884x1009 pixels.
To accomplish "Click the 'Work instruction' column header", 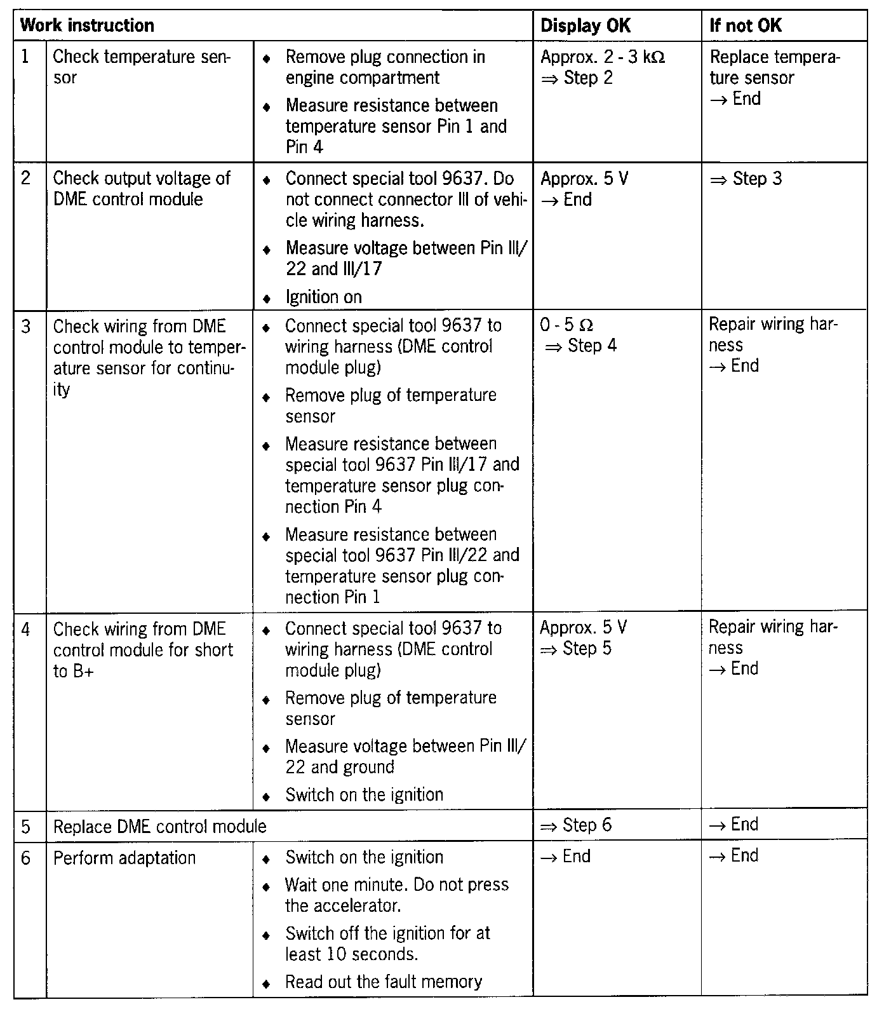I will pos(88,26).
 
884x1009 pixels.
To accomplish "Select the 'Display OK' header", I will pos(585,26).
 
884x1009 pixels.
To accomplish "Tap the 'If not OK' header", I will pos(746,26).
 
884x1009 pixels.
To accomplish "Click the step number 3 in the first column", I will pos(26,327).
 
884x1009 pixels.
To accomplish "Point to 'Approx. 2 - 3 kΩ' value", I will pos(602,57).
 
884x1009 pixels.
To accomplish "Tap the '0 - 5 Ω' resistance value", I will pos(566,325).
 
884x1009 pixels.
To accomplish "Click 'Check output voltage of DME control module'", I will pos(141,189).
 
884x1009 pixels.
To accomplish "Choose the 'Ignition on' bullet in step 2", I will pos(323,297).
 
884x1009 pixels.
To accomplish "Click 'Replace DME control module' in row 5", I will pos(159,827).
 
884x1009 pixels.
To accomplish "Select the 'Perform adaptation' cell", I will pos(124,858).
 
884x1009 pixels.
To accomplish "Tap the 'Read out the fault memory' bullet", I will pos(383,982).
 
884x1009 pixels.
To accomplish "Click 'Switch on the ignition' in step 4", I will pos(364,795).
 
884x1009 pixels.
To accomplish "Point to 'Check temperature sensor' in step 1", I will pos(142,67).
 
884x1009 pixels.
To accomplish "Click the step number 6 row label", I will pos(26,858).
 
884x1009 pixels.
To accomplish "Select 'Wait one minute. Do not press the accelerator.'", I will pos(396,895).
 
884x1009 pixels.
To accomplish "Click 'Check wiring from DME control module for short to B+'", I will pos(143,650).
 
